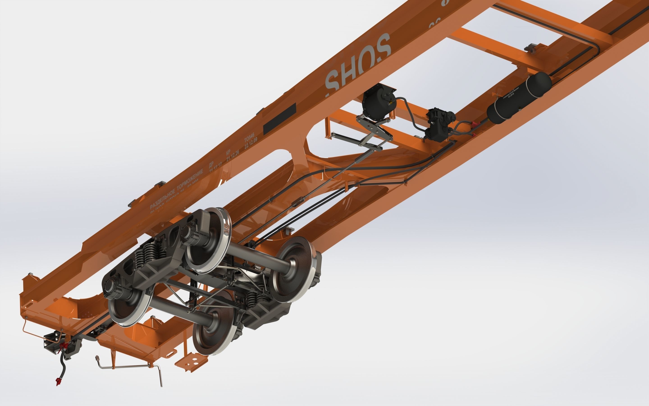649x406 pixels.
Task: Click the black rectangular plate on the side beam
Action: [279, 119]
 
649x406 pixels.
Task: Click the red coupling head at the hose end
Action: [58, 381]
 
